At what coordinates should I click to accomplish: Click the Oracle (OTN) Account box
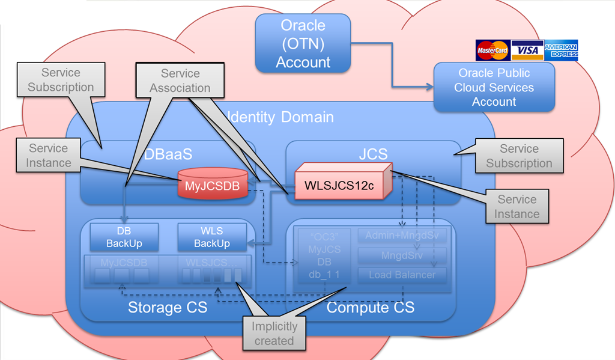(303, 44)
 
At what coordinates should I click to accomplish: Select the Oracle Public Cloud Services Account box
(494, 88)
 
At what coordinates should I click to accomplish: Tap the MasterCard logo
(492, 51)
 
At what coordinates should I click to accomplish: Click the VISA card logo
(528, 51)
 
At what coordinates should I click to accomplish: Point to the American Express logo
(562, 50)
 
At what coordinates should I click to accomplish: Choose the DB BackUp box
(124, 237)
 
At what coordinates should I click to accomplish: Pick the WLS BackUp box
(212, 237)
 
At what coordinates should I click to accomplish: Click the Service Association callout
(180, 81)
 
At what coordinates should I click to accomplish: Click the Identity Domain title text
(282, 117)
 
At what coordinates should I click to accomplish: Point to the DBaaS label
(168, 154)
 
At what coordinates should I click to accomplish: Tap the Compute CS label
(370, 308)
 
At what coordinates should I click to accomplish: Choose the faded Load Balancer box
(402, 275)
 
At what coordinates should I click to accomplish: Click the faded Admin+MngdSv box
(402, 236)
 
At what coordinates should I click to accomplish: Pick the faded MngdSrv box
(402, 255)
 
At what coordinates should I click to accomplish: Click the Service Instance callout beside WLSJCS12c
(517, 207)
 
